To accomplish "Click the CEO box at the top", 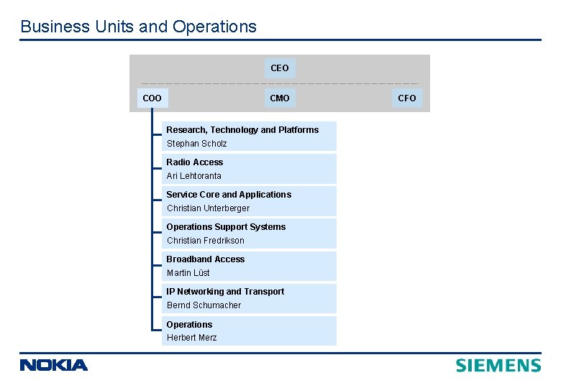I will click(279, 68).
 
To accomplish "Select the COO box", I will click(152, 98).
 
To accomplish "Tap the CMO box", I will click(279, 98).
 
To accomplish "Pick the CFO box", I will click(406, 98).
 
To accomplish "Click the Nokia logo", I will click(54, 365).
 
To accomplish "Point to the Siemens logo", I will click(498, 365).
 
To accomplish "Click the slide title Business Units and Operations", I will click(138, 27).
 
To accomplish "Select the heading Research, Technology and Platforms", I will click(242, 130).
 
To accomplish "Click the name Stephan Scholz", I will click(196, 144).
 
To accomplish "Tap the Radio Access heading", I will click(195, 162).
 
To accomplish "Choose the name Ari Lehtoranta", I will click(194, 176).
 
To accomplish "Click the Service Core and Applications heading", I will click(229, 195).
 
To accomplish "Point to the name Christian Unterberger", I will click(208, 208).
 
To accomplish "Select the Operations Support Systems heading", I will click(226, 227).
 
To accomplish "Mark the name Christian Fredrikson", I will click(206, 241).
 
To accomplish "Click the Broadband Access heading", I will click(206, 259).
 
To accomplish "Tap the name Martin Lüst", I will click(188, 273).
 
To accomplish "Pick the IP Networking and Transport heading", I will click(225, 292).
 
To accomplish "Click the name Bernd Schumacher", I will click(204, 305).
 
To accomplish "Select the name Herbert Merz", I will click(191, 338).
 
